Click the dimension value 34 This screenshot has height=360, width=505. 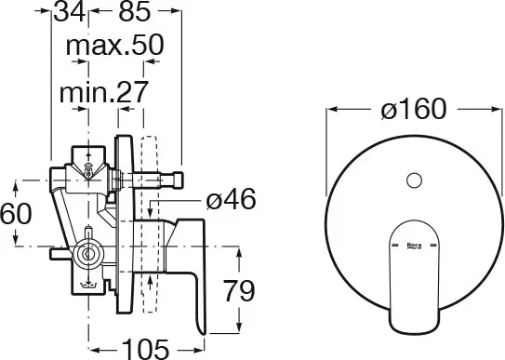pos(70,12)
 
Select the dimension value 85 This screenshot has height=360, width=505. pos(135,12)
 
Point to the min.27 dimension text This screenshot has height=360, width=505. pos(104,92)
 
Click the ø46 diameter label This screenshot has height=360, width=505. pos(231,199)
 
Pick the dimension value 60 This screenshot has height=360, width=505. pos(16,214)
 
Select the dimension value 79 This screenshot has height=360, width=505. pos(239,291)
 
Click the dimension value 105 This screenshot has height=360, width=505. pos(145,349)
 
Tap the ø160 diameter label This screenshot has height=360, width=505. pos(414,109)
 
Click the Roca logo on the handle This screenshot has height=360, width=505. pos(414,246)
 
